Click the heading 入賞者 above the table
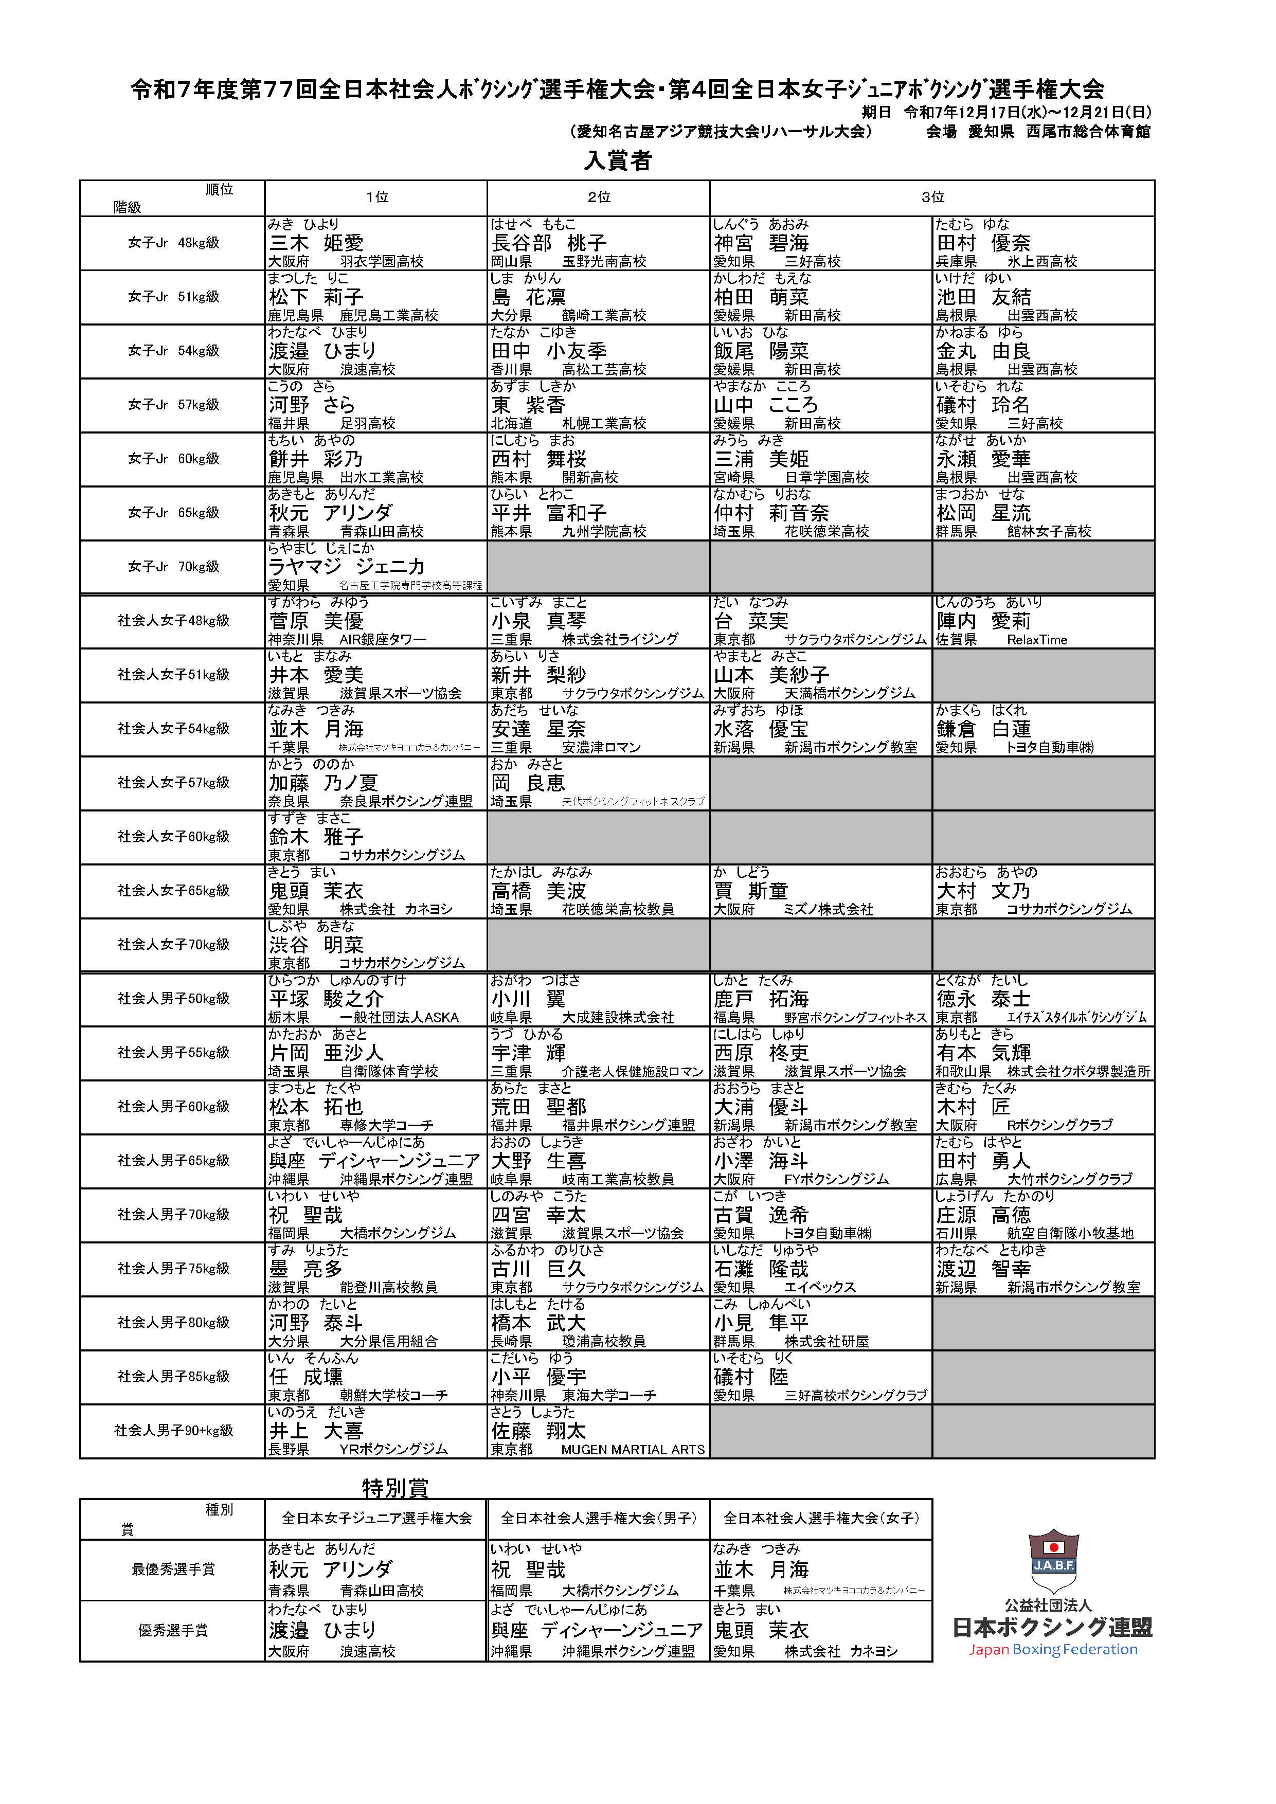tap(618, 160)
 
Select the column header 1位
tap(377, 197)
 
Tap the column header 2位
tap(599, 197)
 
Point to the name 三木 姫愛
tap(317, 243)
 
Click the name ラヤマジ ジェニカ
tap(347, 567)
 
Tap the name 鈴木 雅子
tap(317, 837)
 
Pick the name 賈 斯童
tap(751, 891)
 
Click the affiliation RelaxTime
tap(1037, 640)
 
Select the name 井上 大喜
tap(317, 1431)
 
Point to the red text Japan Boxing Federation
tap(1053, 1649)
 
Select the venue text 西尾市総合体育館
tap(1088, 131)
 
